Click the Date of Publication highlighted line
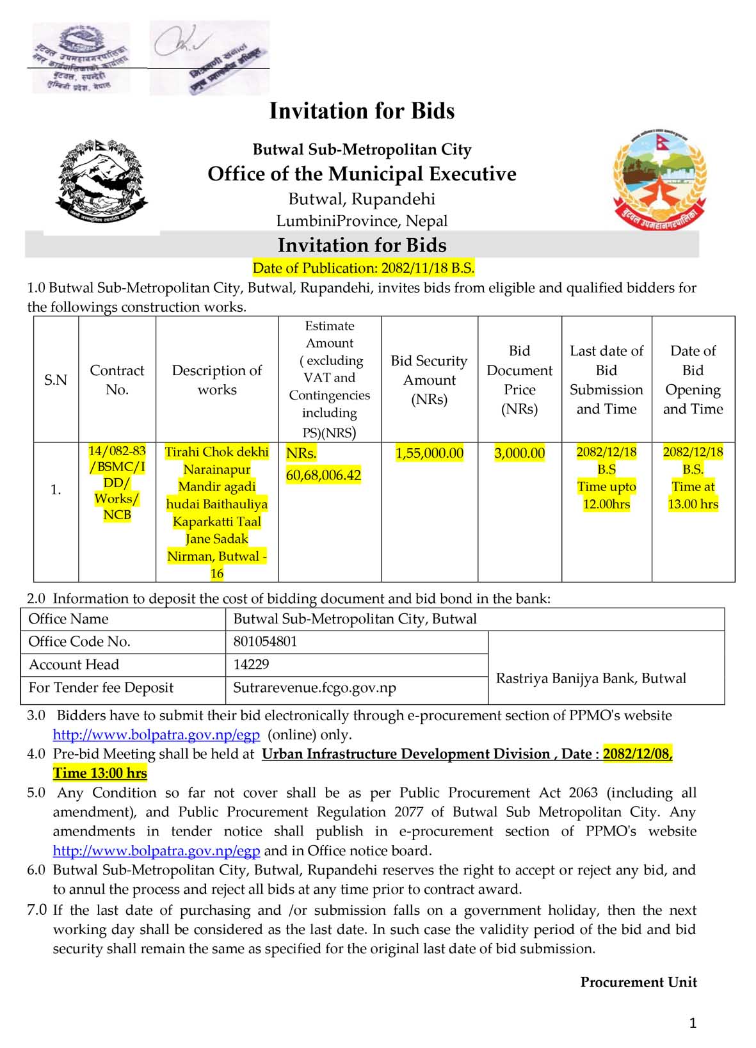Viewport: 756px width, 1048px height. [363, 268]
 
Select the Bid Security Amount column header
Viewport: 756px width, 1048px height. [429, 380]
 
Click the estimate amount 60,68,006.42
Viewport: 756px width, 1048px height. [323, 475]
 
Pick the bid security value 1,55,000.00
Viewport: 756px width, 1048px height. [429, 453]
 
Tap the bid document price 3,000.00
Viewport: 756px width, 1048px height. [519, 453]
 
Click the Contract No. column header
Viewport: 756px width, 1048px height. [117, 380]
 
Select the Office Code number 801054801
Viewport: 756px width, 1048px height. [265, 641]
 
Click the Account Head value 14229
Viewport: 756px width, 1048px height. [251, 665]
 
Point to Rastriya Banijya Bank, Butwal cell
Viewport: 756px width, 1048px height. [591, 678]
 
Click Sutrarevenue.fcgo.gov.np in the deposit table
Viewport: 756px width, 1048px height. [314, 688]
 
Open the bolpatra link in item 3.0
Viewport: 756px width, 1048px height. [156, 734]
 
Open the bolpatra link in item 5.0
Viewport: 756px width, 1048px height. [156, 851]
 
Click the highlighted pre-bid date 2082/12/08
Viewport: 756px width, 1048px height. [637, 754]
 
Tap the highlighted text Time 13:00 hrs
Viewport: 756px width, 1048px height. [100, 773]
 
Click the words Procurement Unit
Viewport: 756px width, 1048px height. [638, 982]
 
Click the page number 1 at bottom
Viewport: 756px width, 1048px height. [693, 1024]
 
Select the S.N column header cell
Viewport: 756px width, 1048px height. [56, 380]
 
